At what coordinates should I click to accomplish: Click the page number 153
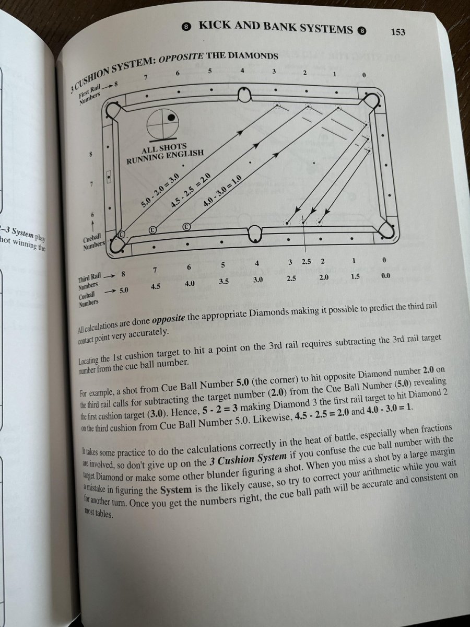pos(398,32)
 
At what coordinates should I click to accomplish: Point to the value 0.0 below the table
pos(385,275)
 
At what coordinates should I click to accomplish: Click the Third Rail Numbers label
pos(90,280)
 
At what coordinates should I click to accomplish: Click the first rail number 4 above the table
pos(243,72)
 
